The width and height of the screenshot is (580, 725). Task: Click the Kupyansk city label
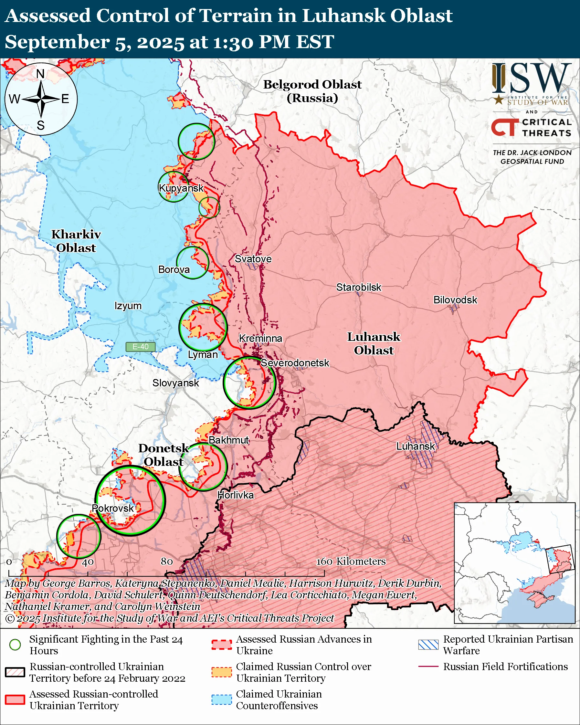point(181,188)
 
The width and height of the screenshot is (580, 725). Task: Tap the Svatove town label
point(253,259)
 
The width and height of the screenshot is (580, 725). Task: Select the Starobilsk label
point(359,288)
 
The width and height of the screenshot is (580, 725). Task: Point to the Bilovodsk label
point(455,300)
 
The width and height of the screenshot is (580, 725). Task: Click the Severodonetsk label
point(295,363)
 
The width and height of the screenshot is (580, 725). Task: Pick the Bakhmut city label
point(229,440)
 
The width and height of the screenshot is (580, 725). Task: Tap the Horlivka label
point(235,495)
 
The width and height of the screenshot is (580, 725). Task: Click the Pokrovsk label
point(113,508)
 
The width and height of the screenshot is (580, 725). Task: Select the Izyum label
point(128,306)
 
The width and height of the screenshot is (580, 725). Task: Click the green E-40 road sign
point(140,347)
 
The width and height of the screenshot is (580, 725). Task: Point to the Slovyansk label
point(175,383)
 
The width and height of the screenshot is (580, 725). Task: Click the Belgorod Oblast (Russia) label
point(312,91)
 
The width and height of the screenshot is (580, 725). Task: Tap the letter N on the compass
point(40,74)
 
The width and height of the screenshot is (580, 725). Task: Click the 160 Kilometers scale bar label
point(351,561)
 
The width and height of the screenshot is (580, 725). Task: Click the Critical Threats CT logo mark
point(505,127)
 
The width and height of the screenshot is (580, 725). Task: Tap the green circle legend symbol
point(15,645)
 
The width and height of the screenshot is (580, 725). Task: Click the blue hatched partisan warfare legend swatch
point(428,645)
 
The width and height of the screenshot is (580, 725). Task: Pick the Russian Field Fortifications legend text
point(505,667)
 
